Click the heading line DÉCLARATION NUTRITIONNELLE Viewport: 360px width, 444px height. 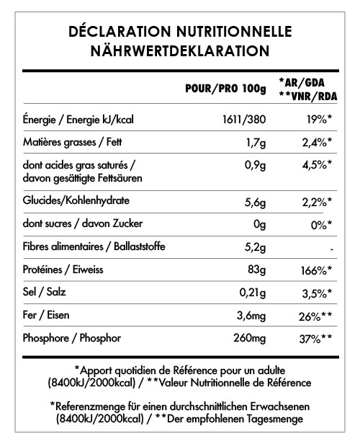coord(179,32)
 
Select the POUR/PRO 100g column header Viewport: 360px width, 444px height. coord(225,89)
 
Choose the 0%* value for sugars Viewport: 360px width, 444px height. coord(319,224)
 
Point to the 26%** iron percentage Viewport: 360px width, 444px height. coord(314,318)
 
